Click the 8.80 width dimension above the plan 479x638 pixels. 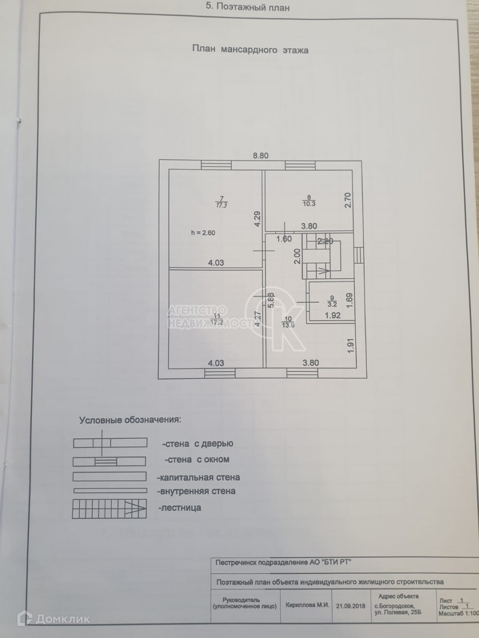[x=260, y=156]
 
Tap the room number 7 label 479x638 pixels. [x=222, y=198]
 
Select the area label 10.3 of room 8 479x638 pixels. [x=309, y=204]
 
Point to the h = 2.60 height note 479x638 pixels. [x=203, y=233]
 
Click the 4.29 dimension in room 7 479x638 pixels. [x=257, y=219]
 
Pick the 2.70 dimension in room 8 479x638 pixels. [x=348, y=200]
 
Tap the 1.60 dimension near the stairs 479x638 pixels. [x=284, y=239]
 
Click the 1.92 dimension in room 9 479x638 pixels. [x=333, y=315]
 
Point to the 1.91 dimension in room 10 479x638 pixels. [x=350, y=346]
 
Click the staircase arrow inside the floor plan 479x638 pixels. [x=323, y=269]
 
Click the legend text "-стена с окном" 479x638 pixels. [x=197, y=459]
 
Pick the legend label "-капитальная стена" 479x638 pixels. [x=198, y=478]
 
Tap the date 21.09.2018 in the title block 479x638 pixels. [x=351, y=606]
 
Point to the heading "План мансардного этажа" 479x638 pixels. [x=250, y=50]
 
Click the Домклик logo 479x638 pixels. [x=58, y=619]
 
